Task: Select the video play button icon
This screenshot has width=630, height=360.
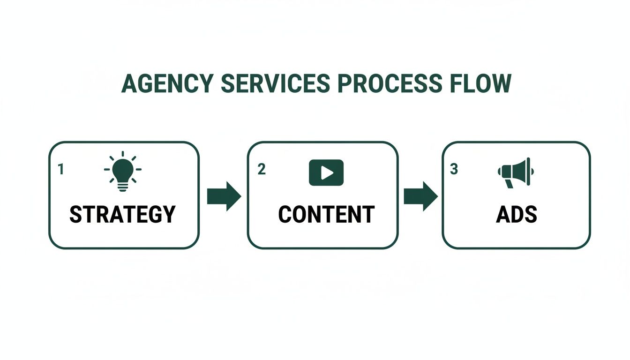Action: (x=326, y=172)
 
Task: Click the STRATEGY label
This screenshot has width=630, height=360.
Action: (x=123, y=214)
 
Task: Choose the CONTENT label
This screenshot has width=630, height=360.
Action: (x=326, y=214)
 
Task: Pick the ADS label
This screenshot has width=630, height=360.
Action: (x=516, y=214)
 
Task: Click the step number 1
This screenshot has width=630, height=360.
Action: (x=60, y=169)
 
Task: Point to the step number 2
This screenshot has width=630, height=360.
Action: (x=262, y=169)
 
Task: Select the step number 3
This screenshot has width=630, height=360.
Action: (x=453, y=169)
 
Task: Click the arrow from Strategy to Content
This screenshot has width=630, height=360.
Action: (x=224, y=196)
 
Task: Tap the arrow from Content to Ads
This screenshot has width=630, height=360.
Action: (x=420, y=196)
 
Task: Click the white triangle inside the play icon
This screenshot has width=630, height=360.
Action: (x=327, y=173)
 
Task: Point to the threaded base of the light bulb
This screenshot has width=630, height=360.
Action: (x=123, y=186)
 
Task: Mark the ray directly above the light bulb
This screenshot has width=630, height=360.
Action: (x=123, y=154)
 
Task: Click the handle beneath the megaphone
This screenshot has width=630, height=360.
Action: (x=509, y=183)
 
